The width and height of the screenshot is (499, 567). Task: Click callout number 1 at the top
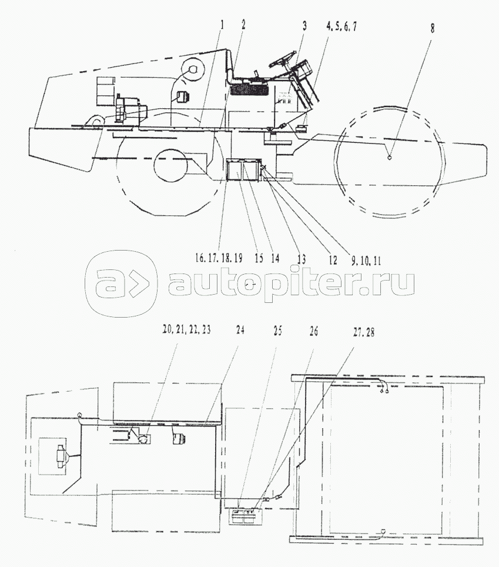coord(222,25)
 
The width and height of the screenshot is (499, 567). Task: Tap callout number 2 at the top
coord(243,25)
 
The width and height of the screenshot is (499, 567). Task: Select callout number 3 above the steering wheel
coord(304,26)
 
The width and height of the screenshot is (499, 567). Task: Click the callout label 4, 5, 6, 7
coord(341,26)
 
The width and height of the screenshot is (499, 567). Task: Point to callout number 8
coord(433,28)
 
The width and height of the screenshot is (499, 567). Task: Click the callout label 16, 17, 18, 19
coord(218,258)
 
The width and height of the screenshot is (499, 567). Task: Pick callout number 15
coord(259,258)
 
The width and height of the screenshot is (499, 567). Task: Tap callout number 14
coord(275,258)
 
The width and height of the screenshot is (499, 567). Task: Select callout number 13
coord(302,259)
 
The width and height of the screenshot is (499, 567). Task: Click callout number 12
coord(333,260)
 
